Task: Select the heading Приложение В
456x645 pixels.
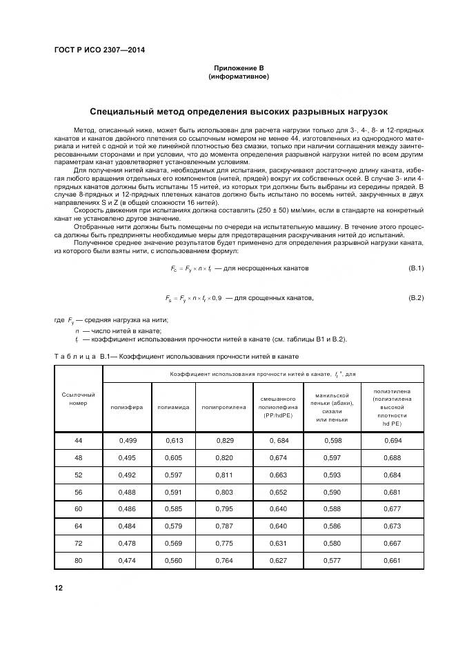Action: (238, 69)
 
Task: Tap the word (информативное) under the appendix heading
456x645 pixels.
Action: (238, 77)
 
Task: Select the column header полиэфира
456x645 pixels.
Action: (127, 407)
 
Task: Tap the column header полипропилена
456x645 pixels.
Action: (224, 407)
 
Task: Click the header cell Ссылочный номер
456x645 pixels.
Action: (78, 398)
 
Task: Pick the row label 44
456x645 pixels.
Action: (78, 440)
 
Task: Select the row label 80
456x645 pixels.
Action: (78, 561)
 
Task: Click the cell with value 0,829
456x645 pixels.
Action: (224, 440)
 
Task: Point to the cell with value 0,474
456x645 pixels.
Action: (127, 561)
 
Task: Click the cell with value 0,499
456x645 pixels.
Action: (127, 440)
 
